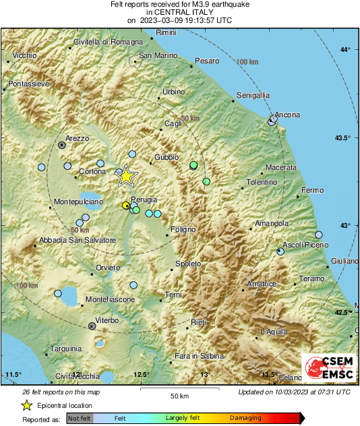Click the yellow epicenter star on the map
coord(126,176)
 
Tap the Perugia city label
coord(144,200)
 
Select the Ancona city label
coord(288,115)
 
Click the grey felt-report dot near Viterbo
coord(92,326)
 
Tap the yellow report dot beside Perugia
coord(125,205)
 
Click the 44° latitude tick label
coord(346,51)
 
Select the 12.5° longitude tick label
coord(140,374)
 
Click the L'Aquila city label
coord(274,332)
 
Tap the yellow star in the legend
coord(26,405)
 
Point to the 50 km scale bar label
coord(178,396)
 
